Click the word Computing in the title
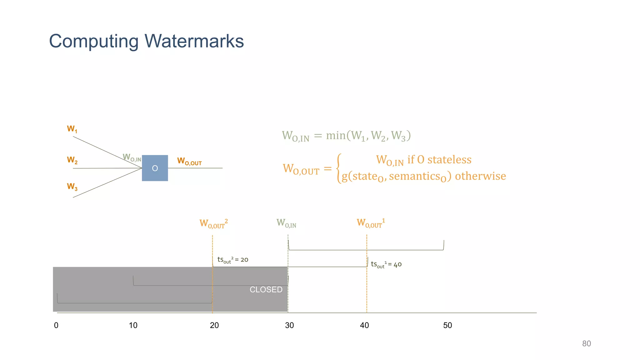pos(94,42)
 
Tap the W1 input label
pos(72,129)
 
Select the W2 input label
pos(72,160)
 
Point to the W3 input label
pos(72,187)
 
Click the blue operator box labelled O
pos(155,168)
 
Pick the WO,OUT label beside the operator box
pos(189,161)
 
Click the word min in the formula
pos(336,135)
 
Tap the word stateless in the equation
pos(449,160)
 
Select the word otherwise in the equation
pos(480,176)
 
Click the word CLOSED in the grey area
pos(266,290)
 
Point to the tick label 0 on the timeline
pos(56,325)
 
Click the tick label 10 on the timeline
pos(133,325)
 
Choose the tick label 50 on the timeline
pos(447,325)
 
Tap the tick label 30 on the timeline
pos(289,325)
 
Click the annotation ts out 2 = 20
pos(233,260)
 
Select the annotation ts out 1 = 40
pos(386,265)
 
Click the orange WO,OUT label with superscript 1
pos(371,223)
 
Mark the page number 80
pos(586,343)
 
